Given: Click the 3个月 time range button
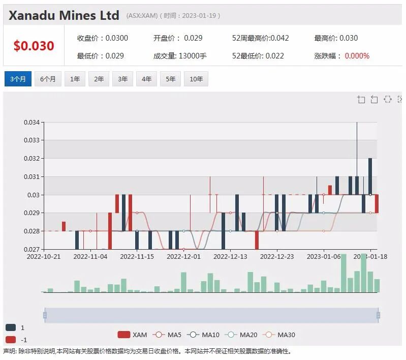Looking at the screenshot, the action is pyautogui.click(x=18, y=79).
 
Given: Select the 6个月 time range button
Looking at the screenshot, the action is pyautogui.click(x=48, y=79).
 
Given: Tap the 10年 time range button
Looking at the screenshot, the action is pyautogui.click(x=196, y=79).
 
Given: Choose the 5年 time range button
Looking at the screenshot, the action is pyautogui.click(x=170, y=79).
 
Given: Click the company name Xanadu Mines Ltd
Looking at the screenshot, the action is pyautogui.click(x=64, y=15).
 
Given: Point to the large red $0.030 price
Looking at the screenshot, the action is pyautogui.click(x=34, y=46).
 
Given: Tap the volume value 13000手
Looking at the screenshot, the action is pyautogui.click(x=193, y=56).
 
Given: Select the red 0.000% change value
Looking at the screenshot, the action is pyautogui.click(x=357, y=56).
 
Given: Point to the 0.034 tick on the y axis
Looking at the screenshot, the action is pyautogui.click(x=32, y=122).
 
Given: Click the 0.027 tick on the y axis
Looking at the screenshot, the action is pyautogui.click(x=32, y=249).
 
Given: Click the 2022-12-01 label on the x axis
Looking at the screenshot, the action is pyautogui.click(x=183, y=257).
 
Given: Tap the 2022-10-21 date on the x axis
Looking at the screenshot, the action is pyautogui.click(x=44, y=257).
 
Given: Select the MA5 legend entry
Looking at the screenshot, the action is pyautogui.click(x=167, y=335).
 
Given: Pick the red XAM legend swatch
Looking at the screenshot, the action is pyautogui.click(x=124, y=335).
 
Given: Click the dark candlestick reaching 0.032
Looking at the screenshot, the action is pyautogui.click(x=370, y=176).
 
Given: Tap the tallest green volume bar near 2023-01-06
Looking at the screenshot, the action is pyautogui.click(x=343, y=273).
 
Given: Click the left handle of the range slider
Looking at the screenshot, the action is pyautogui.click(x=45, y=315).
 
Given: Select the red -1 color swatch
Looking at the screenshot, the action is pyautogui.click(x=11, y=340).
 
